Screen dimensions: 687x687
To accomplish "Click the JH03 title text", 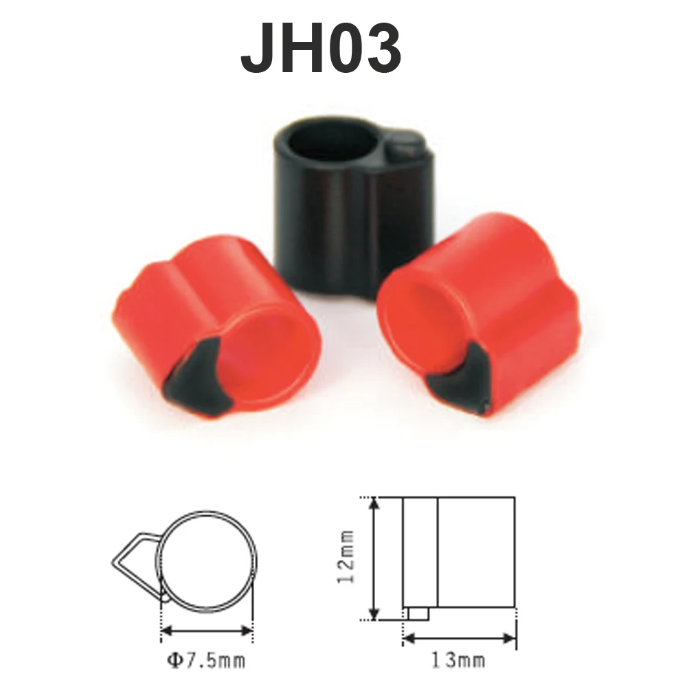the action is point(321,48).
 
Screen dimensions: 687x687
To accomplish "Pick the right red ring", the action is point(478,315).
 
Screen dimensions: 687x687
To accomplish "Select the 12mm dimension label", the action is point(346,556).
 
